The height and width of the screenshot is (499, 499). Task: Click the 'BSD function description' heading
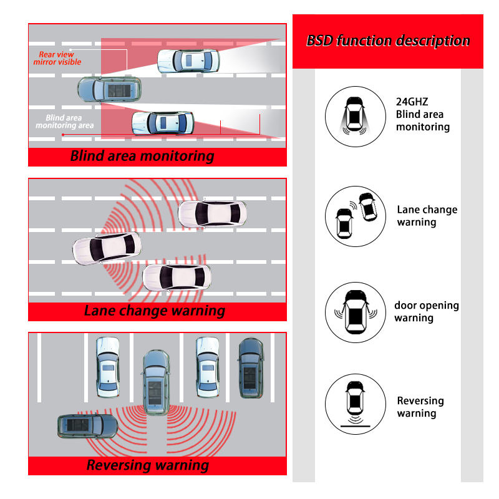[387, 41]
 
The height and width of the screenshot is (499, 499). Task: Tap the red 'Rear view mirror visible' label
[57, 58]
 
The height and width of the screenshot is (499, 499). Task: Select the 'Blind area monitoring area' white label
[65, 122]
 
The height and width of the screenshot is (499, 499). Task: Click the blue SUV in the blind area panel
[109, 90]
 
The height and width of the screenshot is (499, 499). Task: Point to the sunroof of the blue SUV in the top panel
[119, 90]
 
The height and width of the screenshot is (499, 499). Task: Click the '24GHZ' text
[412, 102]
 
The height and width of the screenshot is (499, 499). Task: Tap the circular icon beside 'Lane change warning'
[355, 216]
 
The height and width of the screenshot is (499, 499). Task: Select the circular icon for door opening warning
[355, 312]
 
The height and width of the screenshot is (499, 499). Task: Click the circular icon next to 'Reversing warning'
[355, 404]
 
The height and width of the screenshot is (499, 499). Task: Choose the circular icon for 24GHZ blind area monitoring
[355, 117]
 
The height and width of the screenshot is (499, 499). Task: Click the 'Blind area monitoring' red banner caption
[142, 157]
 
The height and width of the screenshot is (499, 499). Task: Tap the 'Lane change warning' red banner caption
[155, 311]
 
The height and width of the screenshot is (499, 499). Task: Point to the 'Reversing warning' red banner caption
[148, 465]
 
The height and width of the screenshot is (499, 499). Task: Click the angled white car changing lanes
[107, 248]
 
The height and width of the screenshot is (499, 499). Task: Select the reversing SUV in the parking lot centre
[156, 382]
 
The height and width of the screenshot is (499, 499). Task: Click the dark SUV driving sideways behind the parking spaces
[87, 426]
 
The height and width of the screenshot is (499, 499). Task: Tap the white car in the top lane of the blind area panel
[188, 61]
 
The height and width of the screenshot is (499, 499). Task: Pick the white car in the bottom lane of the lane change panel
[177, 278]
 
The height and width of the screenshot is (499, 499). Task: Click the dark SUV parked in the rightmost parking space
[251, 368]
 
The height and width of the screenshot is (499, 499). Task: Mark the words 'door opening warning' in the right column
[427, 311]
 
